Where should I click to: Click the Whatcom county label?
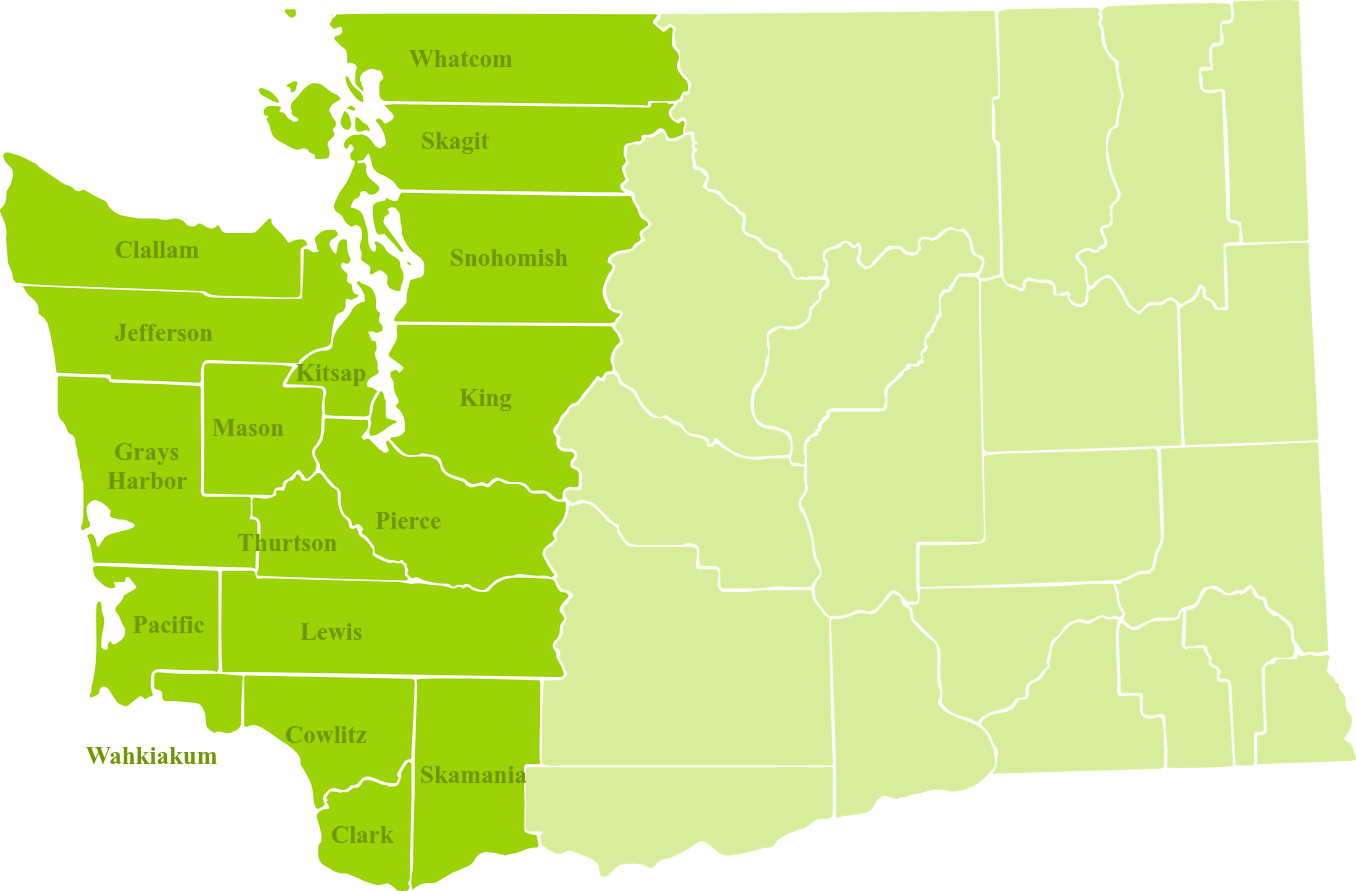click(x=460, y=59)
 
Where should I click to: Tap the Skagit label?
click(x=455, y=141)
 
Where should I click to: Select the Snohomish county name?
click(x=508, y=258)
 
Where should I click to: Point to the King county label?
click(x=485, y=398)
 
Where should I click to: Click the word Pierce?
click(x=408, y=521)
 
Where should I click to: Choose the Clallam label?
click(x=157, y=250)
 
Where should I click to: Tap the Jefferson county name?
click(x=163, y=333)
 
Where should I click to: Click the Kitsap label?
click(x=331, y=374)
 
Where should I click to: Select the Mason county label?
click(x=248, y=428)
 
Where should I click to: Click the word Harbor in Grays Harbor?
click(x=147, y=481)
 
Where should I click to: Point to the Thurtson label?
click(x=287, y=543)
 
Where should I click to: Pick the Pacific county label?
click(x=168, y=625)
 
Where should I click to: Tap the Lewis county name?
click(x=331, y=632)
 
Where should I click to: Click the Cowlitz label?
click(x=326, y=735)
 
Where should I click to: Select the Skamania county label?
click(x=473, y=775)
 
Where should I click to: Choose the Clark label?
click(x=362, y=835)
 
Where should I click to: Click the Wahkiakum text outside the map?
click(x=151, y=756)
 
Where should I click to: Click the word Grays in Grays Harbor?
click(x=146, y=452)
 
